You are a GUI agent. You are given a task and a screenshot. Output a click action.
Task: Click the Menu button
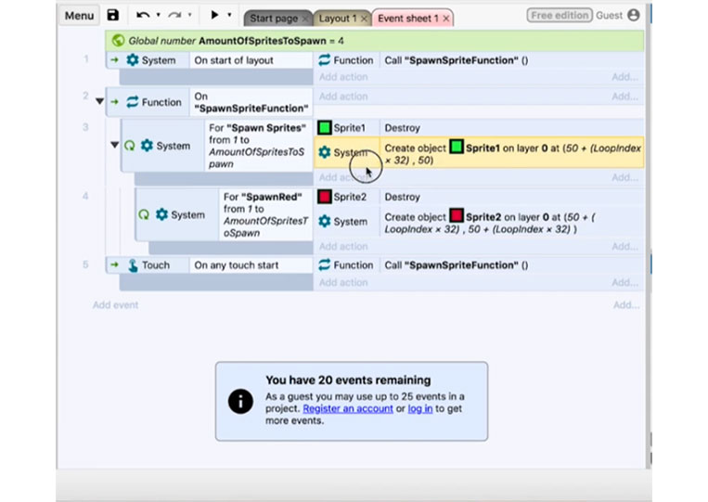pyautogui.click(x=79, y=16)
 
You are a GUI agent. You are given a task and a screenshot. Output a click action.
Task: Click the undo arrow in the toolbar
pyautogui.click(x=143, y=16)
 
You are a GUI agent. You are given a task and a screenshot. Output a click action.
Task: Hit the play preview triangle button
pyautogui.click(x=214, y=15)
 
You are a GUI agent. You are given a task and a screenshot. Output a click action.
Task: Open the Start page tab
pyautogui.click(x=274, y=19)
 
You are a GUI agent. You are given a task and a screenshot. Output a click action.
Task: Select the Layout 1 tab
pyautogui.click(x=337, y=19)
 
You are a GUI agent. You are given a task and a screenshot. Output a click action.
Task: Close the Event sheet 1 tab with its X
pyautogui.click(x=446, y=19)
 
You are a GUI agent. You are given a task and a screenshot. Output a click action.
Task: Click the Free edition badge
pyautogui.click(x=560, y=16)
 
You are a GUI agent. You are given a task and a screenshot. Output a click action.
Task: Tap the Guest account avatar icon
pyautogui.click(x=634, y=16)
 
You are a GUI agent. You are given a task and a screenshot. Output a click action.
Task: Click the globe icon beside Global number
pyautogui.click(x=118, y=41)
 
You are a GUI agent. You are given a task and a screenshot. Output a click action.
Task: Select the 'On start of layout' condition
pyautogui.click(x=234, y=60)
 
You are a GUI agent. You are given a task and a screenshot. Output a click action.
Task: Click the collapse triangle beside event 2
pyautogui.click(x=100, y=101)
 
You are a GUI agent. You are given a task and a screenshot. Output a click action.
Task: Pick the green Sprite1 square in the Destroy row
pyautogui.click(x=324, y=128)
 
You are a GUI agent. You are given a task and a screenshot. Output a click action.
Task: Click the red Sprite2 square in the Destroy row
pyautogui.click(x=324, y=197)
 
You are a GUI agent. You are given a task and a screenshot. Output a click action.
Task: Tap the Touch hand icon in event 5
pyautogui.click(x=133, y=265)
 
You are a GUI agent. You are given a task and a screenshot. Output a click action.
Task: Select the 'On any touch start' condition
pyautogui.click(x=236, y=265)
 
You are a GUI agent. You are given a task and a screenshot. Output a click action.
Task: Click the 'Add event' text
pyautogui.click(x=116, y=305)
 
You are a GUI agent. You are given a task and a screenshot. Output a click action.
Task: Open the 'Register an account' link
pyautogui.click(x=348, y=408)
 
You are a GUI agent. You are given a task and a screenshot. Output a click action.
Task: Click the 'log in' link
pyautogui.click(x=420, y=408)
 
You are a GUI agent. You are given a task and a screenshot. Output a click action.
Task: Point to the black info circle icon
pyautogui.click(x=240, y=402)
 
